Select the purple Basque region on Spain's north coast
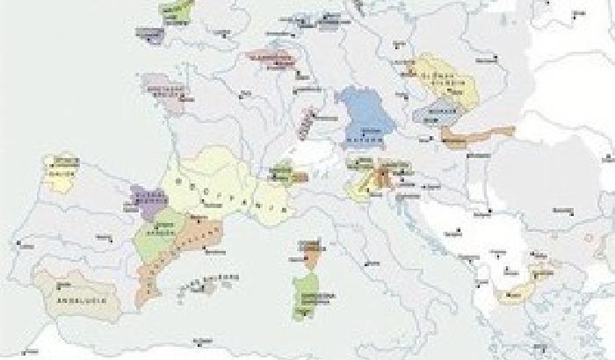[x=148, y=200]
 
